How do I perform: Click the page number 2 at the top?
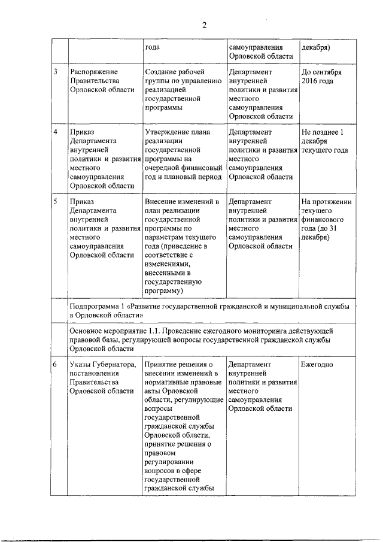coord(203,25)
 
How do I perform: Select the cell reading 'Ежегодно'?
coord(317,364)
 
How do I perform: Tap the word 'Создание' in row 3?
coord(160,72)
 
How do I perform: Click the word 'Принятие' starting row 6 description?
coord(161,364)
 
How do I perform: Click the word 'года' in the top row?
coord(153,47)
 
